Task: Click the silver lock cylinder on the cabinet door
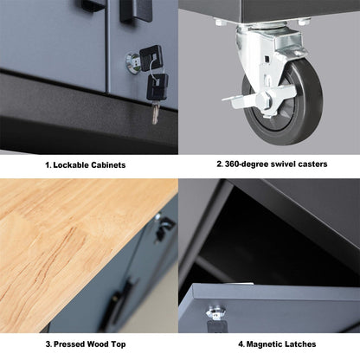coord(132,61)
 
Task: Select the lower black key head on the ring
coord(159,85)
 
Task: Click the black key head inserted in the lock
coord(149,55)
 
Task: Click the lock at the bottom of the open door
coord(212,316)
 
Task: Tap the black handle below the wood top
coord(127,291)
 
